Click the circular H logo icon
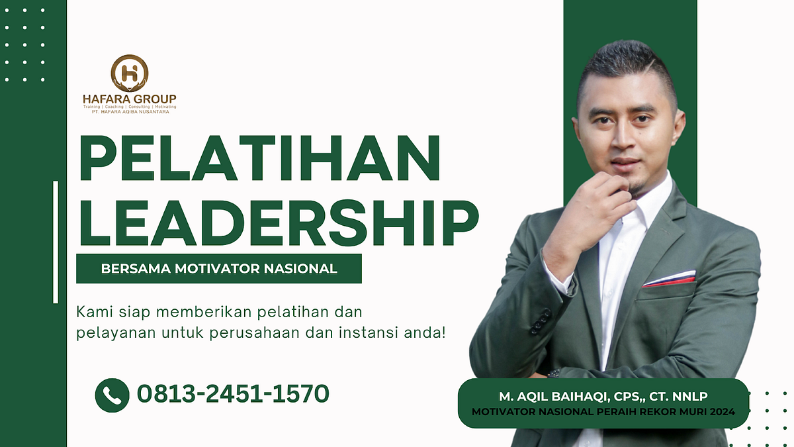click(x=130, y=73)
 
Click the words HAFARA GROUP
click(x=130, y=99)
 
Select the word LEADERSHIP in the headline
click(x=278, y=219)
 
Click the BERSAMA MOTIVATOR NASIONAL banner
click(x=219, y=269)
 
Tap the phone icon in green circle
click(x=112, y=395)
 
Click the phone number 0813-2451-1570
click(x=233, y=394)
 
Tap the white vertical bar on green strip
click(x=56, y=242)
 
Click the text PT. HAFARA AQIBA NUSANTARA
click(x=126, y=112)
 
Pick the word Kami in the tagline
click(x=91, y=311)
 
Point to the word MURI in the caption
click(x=685, y=412)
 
